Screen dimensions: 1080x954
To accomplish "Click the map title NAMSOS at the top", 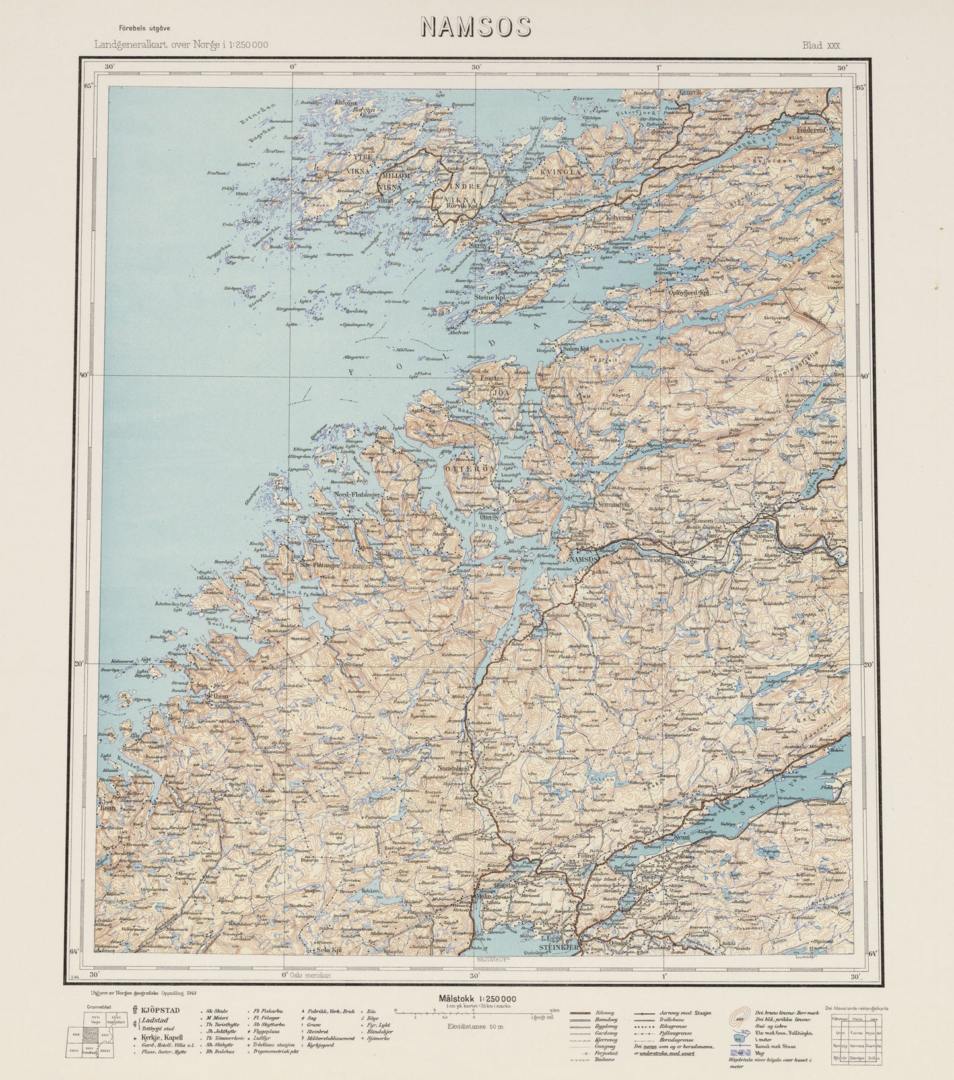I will click(x=475, y=27).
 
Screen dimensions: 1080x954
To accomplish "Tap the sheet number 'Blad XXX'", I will click(x=821, y=46).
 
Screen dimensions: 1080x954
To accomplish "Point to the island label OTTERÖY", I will click(x=469, y=468).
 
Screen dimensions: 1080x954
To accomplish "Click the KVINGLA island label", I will click(x=561, y=172).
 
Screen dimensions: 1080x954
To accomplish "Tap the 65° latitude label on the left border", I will click(x=89, y=86).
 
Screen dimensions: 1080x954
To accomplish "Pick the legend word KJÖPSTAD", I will click(x=160, y=1009).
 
